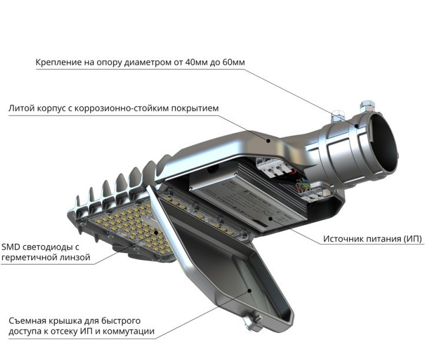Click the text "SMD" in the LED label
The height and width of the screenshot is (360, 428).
point(11,247)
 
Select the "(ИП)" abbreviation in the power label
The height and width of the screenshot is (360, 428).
point(412,239)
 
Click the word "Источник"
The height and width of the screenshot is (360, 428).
point(341,239)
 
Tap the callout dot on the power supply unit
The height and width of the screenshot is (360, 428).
point(270,218)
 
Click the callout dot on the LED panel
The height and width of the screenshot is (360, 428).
point(157,232)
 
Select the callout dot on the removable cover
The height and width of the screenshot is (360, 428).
point(249,291)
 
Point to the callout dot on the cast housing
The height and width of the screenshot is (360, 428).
point(268,141)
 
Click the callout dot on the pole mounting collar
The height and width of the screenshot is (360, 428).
point(357,126)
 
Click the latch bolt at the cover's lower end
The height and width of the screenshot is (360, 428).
point(253,322)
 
